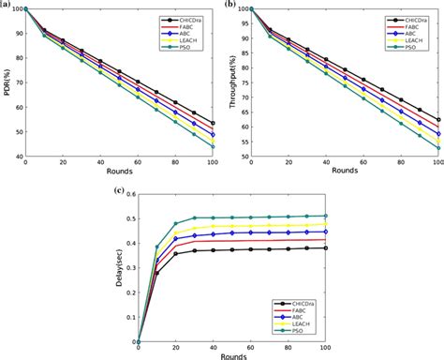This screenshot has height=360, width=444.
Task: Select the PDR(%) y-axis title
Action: pos(7,82)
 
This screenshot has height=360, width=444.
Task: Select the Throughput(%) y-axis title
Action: pos(230,82)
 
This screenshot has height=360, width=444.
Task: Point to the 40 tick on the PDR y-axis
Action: pos(18,155)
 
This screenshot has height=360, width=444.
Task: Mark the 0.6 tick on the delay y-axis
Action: pos(129,195)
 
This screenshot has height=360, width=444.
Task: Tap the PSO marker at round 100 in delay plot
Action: pos(325,216)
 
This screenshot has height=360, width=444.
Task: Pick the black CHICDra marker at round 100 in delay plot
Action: pos(325,247)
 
